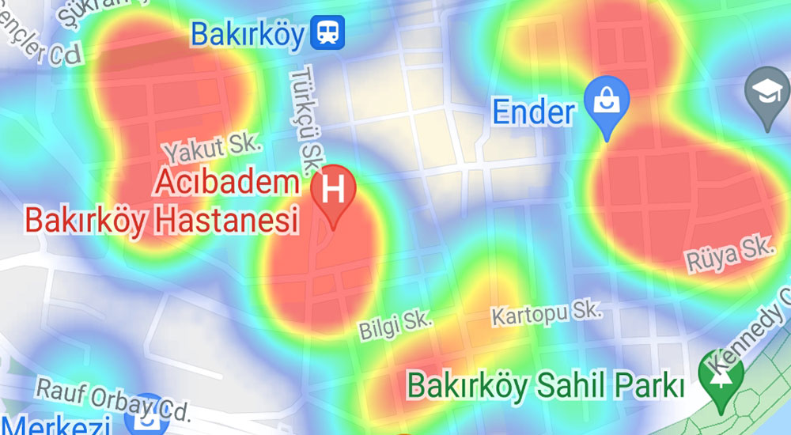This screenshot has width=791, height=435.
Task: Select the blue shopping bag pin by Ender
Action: (607, 100)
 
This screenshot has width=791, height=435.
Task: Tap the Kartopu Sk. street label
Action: (547, 314)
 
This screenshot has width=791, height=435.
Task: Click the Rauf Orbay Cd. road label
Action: (114, 399)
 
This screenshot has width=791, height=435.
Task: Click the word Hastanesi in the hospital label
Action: (228, 219)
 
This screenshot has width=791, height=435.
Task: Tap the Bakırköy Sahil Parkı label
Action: (545, 387)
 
